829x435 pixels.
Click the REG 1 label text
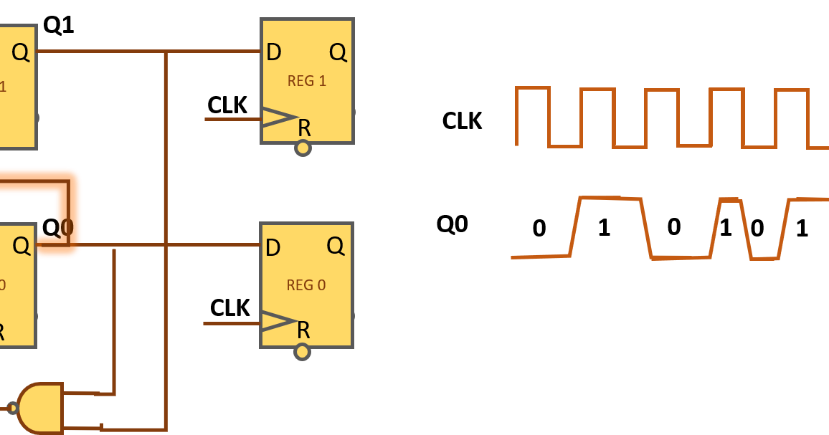pyautogui.click(x=306, y=81)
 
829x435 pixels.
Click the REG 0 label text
pyautogui.click(x=305, y=285)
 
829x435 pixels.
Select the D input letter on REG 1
pyautogui.click(x=273, y=52)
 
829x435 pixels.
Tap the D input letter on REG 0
pyautogui.click(x=273, y=248)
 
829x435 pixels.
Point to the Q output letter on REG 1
pyautogui.click(x=338, y=52)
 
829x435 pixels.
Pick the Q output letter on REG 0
pyautogui.click(x=336, y=246)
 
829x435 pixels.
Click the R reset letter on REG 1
pyautogui.click(x=304, y=128)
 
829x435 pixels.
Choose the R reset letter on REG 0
pyautogui.click(x=303, y=330)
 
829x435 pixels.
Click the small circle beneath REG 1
pyautogui.click(x=303, y=148)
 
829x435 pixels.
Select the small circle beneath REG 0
pyautogui.click(x=302, y=352)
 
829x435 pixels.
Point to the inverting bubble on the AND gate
pyautogui.click(x=12, y=408)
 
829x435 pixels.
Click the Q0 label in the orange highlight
pyautogui.click(x=59, y=228)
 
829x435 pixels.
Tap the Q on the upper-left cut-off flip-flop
pyautogui.click(x=21, y=52)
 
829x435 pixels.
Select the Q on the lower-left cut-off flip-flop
pyautogui.click(x=22, y=246)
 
